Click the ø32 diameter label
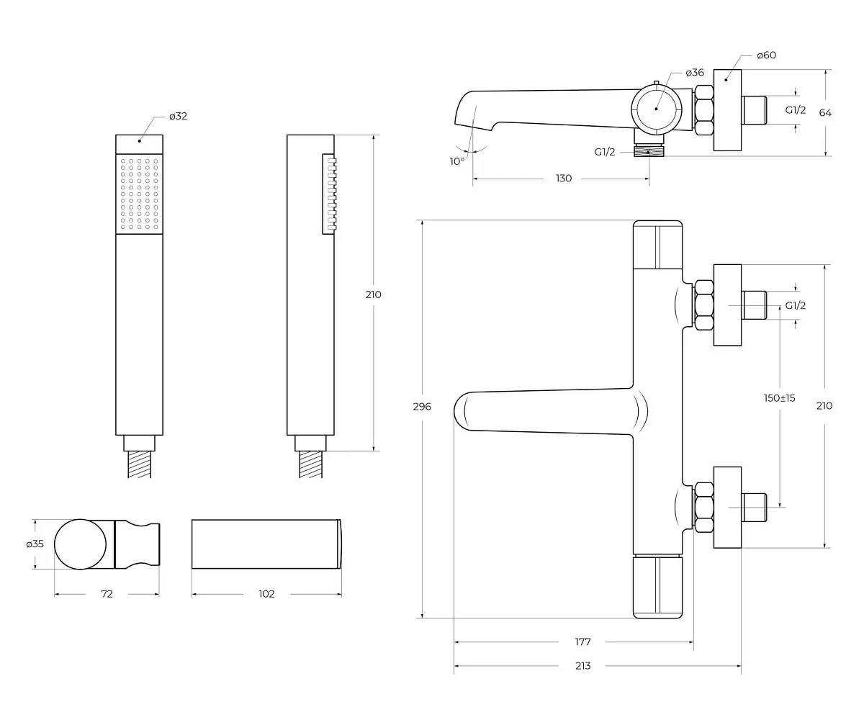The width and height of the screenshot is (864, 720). pyautogui.click(x=178, y=116)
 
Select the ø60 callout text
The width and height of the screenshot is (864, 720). pyautogui.click(x=766, y=55)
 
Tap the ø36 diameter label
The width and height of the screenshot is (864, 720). pyautogui.click(x=695, y=73)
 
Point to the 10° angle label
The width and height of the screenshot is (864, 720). pyautogui.click(x=457, y=161)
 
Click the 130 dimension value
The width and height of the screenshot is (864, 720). pyautogui.click(x=564, y=179)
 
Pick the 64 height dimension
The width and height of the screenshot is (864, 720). pyautogui.click(x=825, y=112)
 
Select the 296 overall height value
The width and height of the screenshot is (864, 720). pyautogui.click(x=422, y=407)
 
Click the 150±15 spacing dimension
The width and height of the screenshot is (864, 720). pyautogui.click(x=780, y=398)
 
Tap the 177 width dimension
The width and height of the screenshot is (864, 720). pyautogui.click(x=582, y=642)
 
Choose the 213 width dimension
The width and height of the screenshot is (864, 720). pyautogui.click(x=582, y=666)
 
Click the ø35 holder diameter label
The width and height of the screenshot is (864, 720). pyautogui.click(x=35, y=544)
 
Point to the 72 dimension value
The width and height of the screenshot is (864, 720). pyautogui.click(x=107, y=594)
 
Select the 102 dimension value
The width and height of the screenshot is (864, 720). pyautogui.click(x=266, y=594)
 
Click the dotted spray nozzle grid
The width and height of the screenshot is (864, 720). pyautogui.click(x=139, y=194)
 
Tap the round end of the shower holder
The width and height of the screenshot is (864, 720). pyautogui.click(x=80, y=544)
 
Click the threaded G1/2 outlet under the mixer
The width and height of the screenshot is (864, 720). pyautogui.click(x=649, y=150)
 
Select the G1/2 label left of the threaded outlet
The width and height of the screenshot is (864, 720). pyautogui.click(x=605, y=152)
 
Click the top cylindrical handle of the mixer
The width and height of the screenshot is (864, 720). pyautogui.click(x=657, y=245)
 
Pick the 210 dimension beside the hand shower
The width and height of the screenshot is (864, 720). pyautogui.click(x=373, y=294)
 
